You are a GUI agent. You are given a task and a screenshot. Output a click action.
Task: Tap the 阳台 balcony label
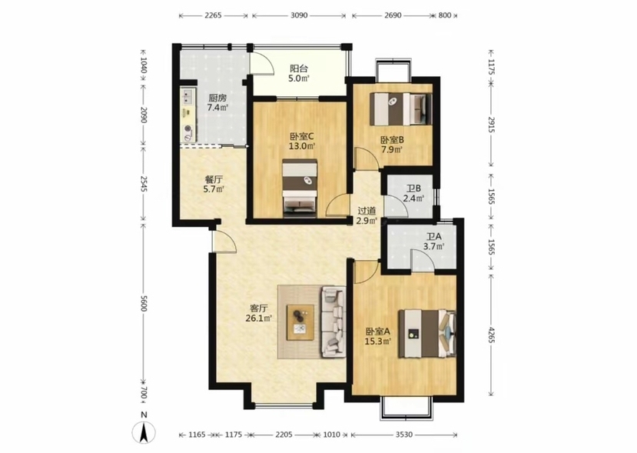click(x=298, y=68)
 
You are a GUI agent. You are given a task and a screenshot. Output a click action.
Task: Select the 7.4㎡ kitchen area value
click(x=217, y=108)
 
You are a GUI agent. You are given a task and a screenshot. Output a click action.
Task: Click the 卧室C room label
click(x=302, y=136)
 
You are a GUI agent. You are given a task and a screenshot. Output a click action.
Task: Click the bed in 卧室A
click(x=427, y=334)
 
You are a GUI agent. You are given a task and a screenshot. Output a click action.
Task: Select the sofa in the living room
click(x=333, y=321)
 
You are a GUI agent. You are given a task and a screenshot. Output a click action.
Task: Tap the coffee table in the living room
click(x=300, y=322)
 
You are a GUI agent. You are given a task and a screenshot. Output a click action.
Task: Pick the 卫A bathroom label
click(x=434, y=236)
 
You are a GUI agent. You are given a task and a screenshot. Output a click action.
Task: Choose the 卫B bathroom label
click(x=413, y=188)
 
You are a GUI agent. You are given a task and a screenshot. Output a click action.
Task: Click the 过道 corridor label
click(x=367, y=211)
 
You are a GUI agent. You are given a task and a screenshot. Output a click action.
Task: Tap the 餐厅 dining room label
click(x=214, y=179)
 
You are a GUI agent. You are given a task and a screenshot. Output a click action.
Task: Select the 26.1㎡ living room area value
click(x=258, y=318)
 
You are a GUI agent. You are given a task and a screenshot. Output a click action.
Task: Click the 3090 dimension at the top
click(x=299, y=15)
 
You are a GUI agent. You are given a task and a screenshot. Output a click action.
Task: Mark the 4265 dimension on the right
click(x=492, y=335)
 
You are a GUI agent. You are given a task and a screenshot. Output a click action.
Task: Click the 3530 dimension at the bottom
click(x=404, y=435)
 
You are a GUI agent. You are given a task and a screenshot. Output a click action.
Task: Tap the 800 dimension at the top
click(x=445, y=15)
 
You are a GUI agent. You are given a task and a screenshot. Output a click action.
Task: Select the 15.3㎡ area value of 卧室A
click(x=378, y=341)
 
